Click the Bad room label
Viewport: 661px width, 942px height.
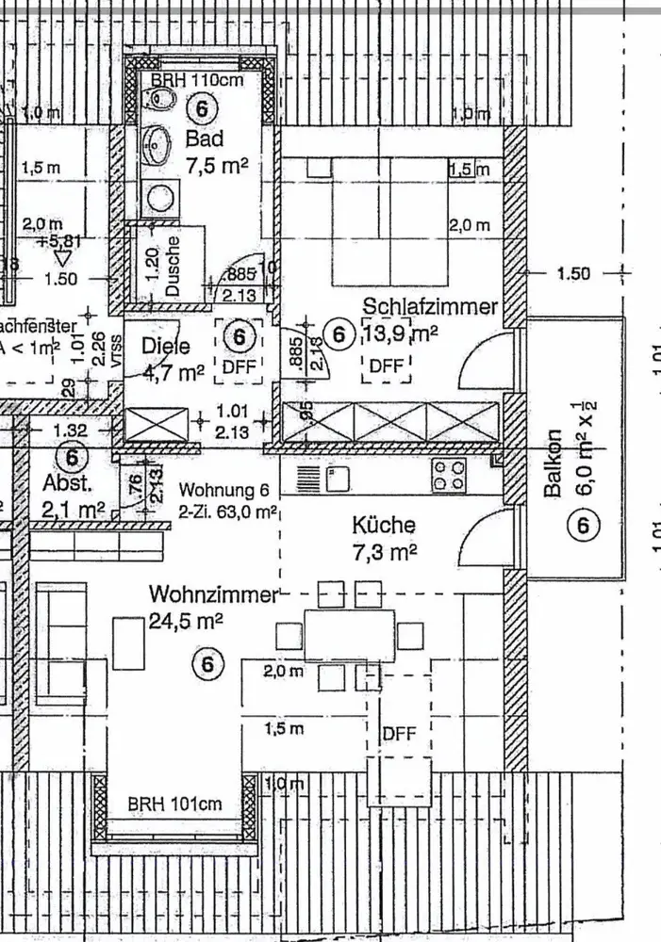tap(205, 139)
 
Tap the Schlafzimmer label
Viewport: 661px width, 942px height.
tap(431, 307)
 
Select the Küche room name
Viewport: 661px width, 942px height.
tap(384, 526)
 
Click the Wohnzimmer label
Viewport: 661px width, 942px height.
tap(214, 594)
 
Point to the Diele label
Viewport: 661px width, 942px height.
tap(166, 347)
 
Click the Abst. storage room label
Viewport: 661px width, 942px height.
tap(68, 483)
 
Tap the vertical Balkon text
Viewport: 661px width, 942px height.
tap(555, 463)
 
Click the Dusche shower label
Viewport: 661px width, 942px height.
tap(173, 266)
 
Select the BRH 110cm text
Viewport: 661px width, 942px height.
tap(197, 80)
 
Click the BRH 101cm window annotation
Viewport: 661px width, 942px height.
tap(175, 804)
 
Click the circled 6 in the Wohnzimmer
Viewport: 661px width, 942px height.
tap(208, 664)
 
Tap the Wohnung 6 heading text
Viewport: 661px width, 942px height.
tap(224, 491)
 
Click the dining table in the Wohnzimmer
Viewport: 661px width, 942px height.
tap(349, 635)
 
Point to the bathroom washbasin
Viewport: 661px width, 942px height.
tap(157, 143)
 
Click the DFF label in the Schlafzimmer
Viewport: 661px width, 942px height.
tap(387, 365)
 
